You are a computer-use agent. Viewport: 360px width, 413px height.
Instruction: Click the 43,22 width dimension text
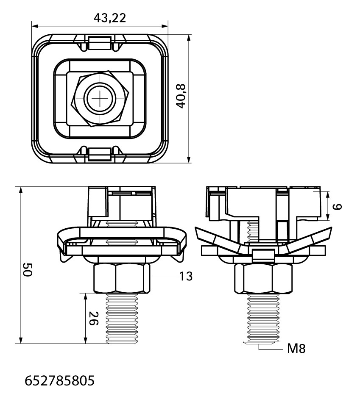coord(110,18)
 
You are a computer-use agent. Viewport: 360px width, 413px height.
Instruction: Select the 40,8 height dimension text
coord(181,96)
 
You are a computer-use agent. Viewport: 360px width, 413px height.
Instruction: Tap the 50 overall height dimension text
coord(27,269)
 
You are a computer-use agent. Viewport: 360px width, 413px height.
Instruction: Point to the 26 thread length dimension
coord(94,318)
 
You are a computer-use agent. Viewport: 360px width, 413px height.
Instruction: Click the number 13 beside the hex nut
coord(186,276)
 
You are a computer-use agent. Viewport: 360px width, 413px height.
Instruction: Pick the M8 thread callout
coord(296,349)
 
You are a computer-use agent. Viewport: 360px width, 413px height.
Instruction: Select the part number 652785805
coord(60,381)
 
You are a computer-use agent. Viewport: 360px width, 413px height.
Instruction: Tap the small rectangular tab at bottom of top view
coord(99,154)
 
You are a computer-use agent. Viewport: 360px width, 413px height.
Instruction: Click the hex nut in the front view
coord(122,279)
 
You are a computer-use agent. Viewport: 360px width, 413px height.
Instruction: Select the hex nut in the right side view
coord(263,279)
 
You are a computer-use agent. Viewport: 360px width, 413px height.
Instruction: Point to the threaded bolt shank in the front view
coord(122,319)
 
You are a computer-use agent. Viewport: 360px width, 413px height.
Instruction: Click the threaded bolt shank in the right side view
coord(263,319)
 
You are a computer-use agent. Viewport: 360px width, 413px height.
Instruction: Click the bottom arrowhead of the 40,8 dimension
coord(189,159)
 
